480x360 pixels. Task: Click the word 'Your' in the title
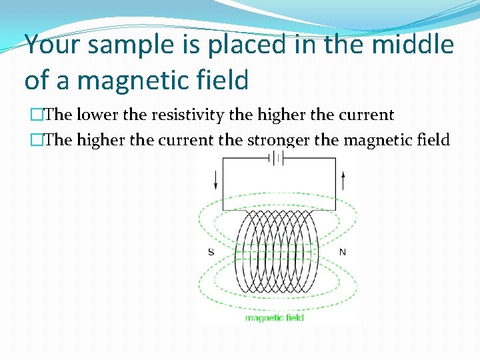pyautogui.click(x=54, y=45)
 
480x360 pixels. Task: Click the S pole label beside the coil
pyautogui.click(x=211, y=252)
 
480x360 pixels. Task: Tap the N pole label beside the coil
pyautogui.click(x=343, y=252)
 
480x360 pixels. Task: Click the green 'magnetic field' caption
pyautogui.click(x=275, y=318)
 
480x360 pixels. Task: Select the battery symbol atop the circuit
pyautogui.click(x=276, y=158)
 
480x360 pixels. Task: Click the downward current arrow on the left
pyautogui.click(x=215, y=179)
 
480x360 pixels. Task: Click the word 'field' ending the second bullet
pyautogui.click(x=433, y=140)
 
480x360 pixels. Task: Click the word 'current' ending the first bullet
pyautogui.click(x=365, y=115)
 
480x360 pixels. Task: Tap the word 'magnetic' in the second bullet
pyautogui.click(x=373, y=140)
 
